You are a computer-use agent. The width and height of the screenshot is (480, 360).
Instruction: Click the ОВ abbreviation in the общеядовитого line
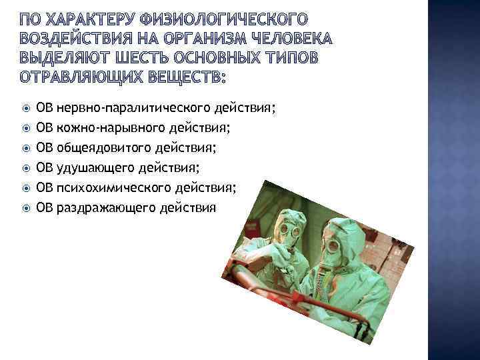pyautogui.click(x=45, y=147)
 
